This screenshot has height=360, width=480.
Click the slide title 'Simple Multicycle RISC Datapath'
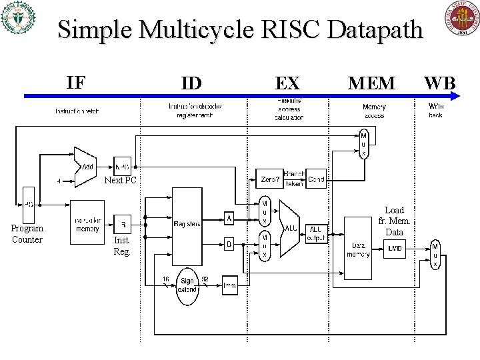[x=240, y=30]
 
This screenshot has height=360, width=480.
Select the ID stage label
[x=192, y=83]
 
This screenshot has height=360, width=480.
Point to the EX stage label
[x=287, y=83]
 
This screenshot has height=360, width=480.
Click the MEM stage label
[x=371, y=83]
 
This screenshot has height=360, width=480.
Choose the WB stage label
[x=440, y=83]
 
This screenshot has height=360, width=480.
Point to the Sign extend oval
[x=187, y=285]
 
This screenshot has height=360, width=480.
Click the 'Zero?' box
[x=271, y=179]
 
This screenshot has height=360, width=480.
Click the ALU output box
[x=317, y=234]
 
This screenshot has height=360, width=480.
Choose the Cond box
[x=317, y=179]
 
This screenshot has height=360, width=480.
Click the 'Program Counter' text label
[x=27, y=234]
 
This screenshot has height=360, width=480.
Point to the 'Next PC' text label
[x=121, y=181]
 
